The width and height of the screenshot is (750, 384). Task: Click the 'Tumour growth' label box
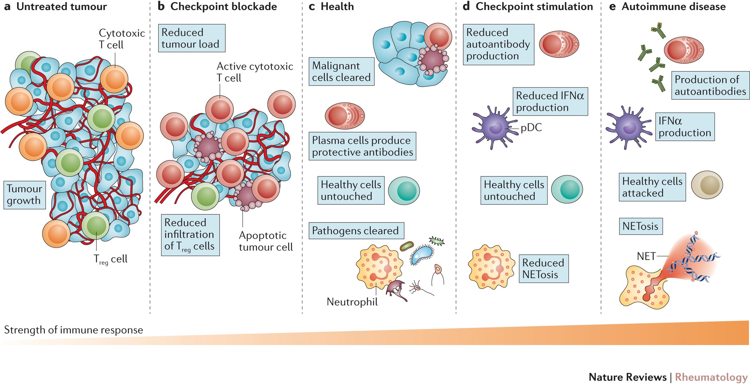(24, 195)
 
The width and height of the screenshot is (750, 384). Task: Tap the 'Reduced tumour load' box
(191, 38)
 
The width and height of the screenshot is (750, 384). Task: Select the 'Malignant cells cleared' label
(341, 71)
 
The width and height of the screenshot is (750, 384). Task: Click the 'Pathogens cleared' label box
(356, 231)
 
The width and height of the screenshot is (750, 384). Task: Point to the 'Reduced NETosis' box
(543, 269)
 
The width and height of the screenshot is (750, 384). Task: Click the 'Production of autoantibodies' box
(710, 85)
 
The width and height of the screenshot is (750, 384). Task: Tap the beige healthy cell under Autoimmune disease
(707, 185)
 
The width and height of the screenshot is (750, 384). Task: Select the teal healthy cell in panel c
(404, 191)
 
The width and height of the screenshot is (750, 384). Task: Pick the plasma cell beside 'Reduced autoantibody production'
(559, 44)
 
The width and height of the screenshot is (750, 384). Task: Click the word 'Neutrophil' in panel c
(352, 302)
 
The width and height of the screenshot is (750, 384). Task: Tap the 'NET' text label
(646, 256)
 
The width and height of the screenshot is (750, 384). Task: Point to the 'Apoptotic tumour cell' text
(265, 241)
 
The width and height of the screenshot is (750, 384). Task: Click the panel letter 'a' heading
(7, 6)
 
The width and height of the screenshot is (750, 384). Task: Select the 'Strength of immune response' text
(73, 330)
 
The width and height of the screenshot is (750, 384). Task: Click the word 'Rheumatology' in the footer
(711, 377)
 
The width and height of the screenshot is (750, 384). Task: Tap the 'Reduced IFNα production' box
(550, 101)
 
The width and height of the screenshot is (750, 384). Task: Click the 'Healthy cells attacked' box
(652, 187)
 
